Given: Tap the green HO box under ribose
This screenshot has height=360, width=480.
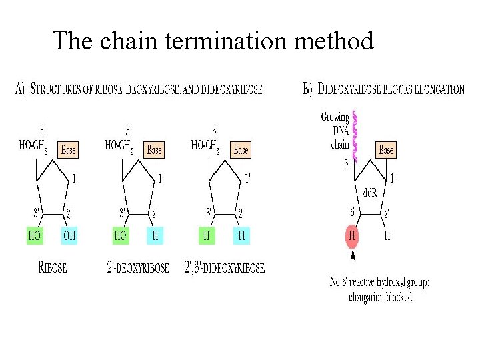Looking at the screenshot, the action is tap(35, 235).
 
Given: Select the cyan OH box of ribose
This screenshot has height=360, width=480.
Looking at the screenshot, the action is tap(69, 235).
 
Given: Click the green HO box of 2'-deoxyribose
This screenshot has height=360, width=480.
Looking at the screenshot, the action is tap(121, 235).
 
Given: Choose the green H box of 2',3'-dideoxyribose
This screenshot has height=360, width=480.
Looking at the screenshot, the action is tap(207, 235).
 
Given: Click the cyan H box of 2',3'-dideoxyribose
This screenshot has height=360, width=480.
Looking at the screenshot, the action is tap(241, 235).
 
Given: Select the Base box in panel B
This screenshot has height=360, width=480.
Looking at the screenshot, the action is tap(386, 150).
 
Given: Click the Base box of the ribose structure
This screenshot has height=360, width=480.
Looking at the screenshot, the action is tap(68, 150).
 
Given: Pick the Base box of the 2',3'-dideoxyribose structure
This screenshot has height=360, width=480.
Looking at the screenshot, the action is tap(241, 150).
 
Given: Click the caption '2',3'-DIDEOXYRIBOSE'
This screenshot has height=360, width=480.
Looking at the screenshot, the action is tap(224, 268).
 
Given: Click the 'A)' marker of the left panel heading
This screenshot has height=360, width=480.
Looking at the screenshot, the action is tap(19, 89).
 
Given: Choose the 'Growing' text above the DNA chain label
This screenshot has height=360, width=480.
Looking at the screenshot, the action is tap(335, 117).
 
